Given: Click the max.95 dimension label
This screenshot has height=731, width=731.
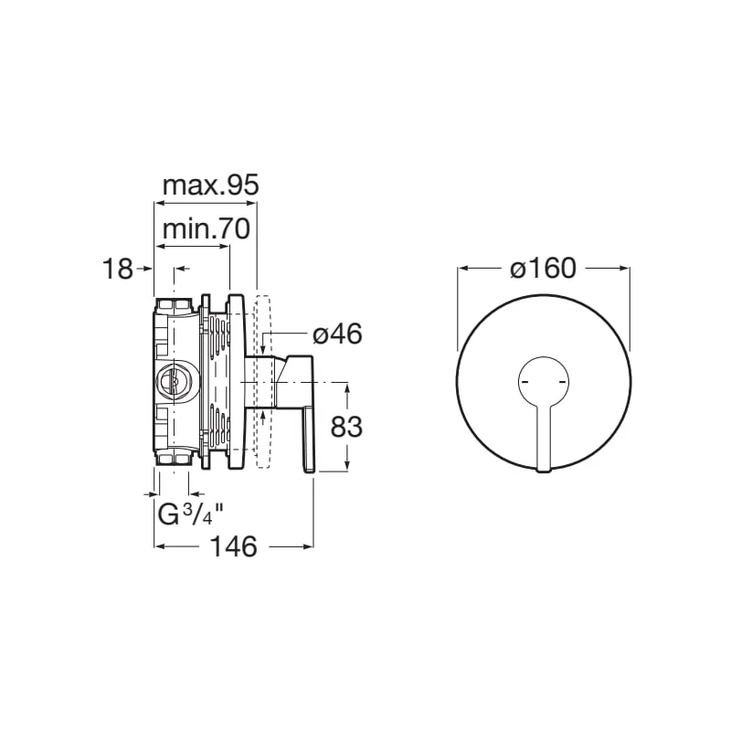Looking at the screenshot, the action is (210, 185).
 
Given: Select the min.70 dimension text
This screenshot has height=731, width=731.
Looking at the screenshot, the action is (207, 229).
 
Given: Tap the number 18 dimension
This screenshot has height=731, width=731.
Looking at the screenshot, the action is (118, 269).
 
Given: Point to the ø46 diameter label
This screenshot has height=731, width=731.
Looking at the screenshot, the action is (337, 334).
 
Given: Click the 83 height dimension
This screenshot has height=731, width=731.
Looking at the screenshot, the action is (346, 426).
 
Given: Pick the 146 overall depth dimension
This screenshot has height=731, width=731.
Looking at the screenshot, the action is (234, 546).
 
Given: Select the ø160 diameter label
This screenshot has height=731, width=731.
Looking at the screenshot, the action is (543, 269).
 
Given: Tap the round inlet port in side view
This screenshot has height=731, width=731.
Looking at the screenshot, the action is (172, 380).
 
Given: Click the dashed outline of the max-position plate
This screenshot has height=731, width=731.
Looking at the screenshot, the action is (262, 381).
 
